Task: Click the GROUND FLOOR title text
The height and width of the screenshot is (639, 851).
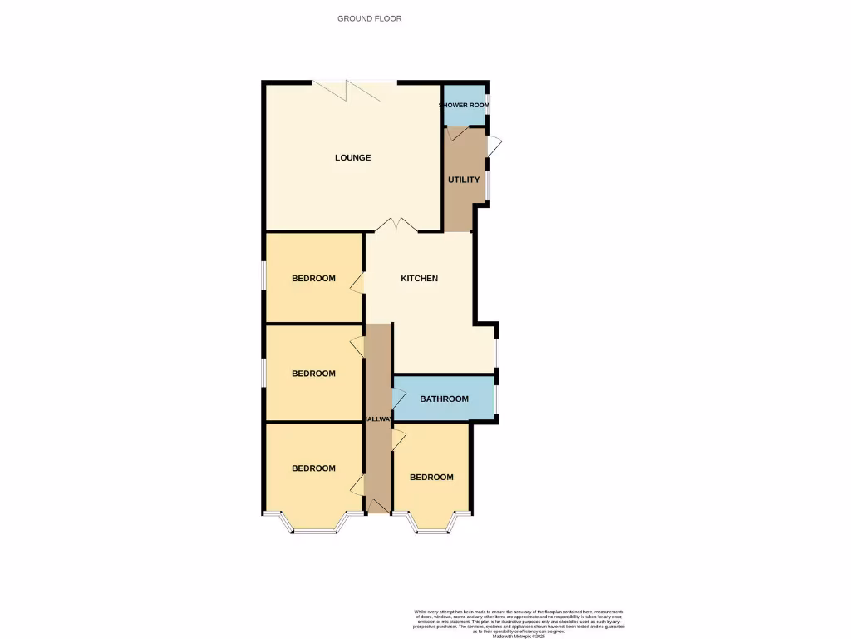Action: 369,18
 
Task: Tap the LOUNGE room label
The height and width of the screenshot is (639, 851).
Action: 352,158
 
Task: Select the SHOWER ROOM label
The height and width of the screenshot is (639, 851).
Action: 464,106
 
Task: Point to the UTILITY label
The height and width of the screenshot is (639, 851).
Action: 464,180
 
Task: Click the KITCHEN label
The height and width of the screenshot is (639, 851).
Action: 419,279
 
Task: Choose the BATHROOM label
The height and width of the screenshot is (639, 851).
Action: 444,399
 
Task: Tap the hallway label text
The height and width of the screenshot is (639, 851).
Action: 378,419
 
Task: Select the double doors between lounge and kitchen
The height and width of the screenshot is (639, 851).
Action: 396,225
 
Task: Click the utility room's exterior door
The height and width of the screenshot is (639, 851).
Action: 494,146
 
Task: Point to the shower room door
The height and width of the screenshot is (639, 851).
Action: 456,133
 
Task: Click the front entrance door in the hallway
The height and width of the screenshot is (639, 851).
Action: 378,505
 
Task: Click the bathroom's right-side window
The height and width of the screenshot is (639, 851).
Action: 496,399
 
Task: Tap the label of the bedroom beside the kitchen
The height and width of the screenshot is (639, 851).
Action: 313,279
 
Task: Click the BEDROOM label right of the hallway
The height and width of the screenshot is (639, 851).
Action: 431,478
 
